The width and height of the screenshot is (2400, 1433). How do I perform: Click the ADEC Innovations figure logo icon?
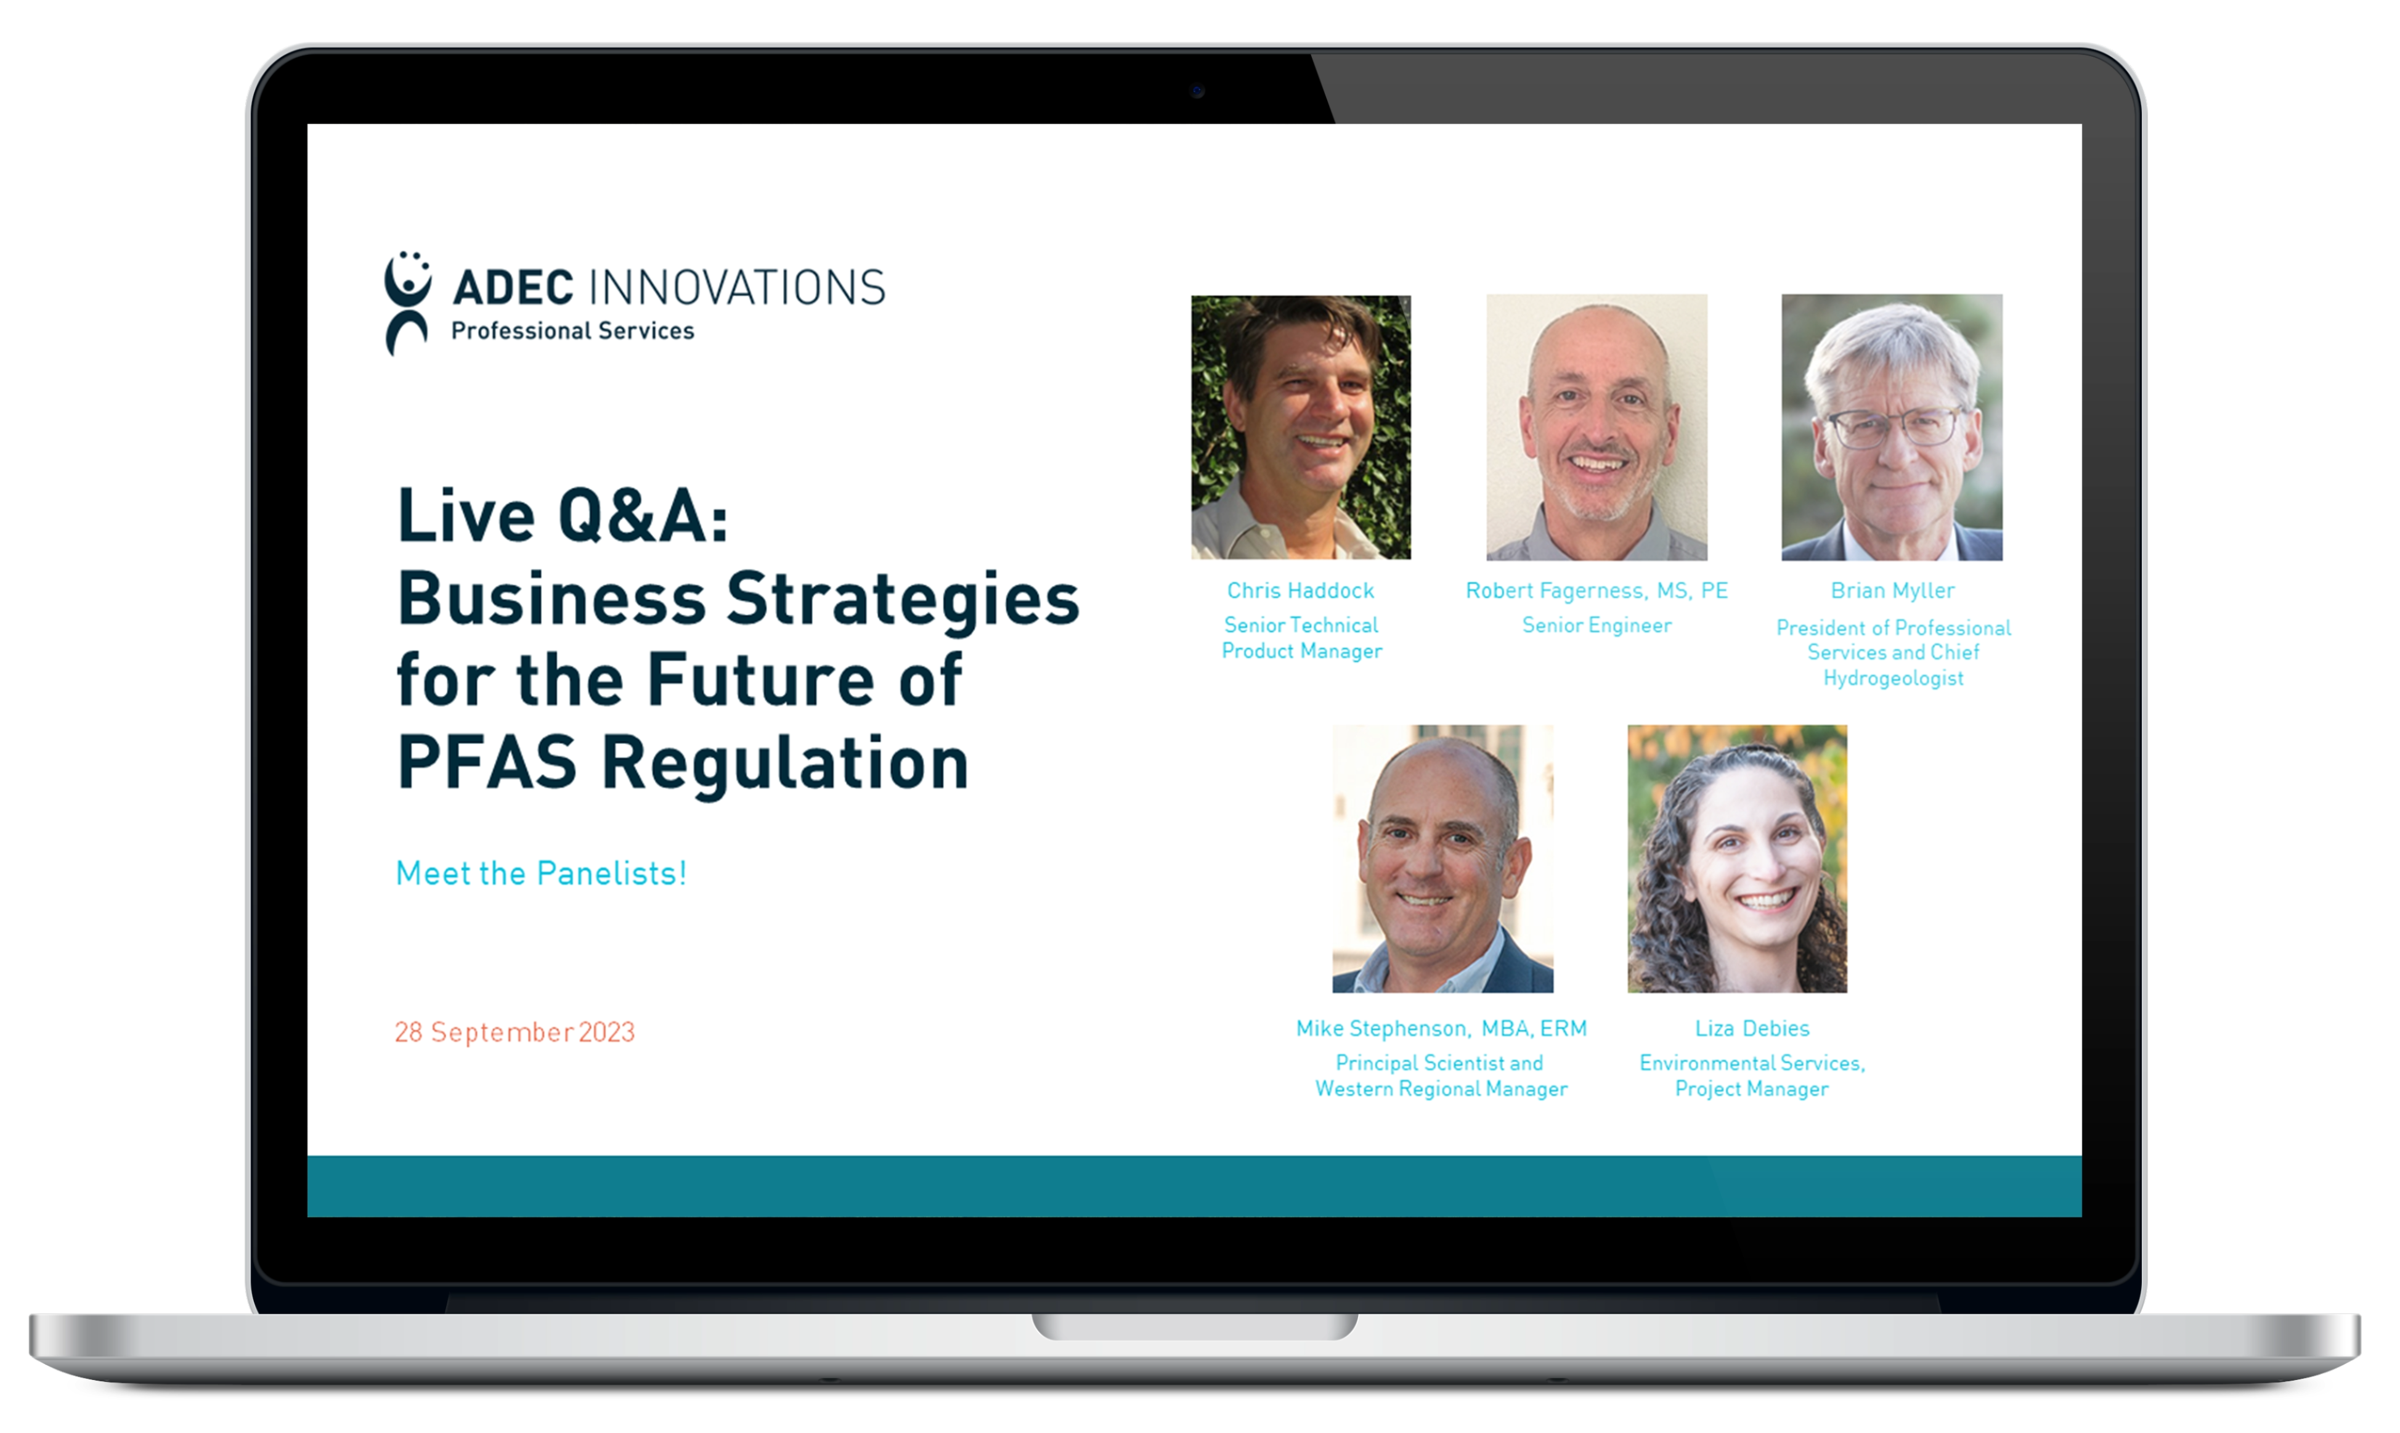[x=407, y=302]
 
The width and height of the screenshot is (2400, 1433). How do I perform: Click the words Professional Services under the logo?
[x=572, y=331]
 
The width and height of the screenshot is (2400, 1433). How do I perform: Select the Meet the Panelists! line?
[x=540, y=873]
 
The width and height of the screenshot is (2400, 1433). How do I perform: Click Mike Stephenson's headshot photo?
[x=1442, y=859]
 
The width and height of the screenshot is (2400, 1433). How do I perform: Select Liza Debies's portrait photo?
[x=1737, y=859]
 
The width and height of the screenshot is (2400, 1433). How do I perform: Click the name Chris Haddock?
[x=1300, y=590]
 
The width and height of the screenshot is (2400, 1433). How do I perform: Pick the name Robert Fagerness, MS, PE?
[x=1596, y=590]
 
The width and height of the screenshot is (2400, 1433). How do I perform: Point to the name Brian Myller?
[x=1892, y=590]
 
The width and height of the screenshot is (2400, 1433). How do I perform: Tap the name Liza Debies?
[x=1751, y=1029]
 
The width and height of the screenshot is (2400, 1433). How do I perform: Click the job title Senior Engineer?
[x=1596, y=625]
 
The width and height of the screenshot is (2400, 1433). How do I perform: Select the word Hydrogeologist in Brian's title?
[x=1892, y=678]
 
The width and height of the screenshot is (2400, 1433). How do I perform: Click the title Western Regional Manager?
[x=1441, y=1089]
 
